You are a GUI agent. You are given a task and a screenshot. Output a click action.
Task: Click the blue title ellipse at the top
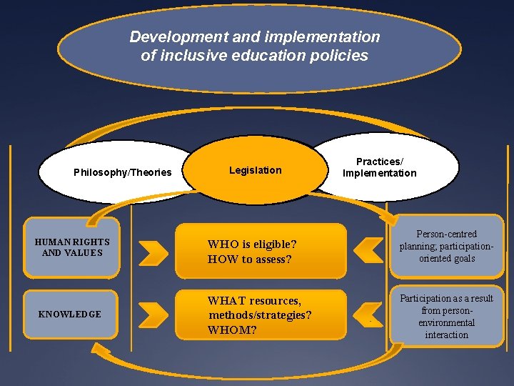tap(257, 71)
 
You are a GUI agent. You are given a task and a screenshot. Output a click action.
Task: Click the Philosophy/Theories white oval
tap(118, 172)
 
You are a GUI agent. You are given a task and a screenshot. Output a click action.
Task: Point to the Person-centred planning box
tap(447, 246)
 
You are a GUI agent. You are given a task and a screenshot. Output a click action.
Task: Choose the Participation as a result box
tap(447, 316)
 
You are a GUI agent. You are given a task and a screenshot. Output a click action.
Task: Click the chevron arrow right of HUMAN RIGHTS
tap(153, 251)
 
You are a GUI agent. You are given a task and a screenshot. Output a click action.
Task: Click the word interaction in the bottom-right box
tap(447, 335)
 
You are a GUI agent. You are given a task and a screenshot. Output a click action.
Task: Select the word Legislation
tap(256, 170)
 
